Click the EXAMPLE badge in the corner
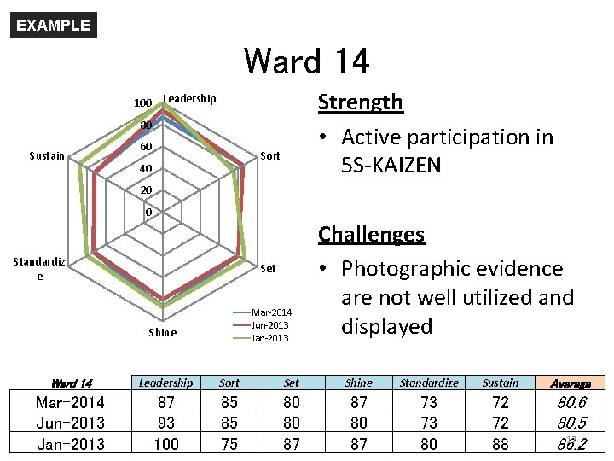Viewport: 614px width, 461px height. click(53, 25)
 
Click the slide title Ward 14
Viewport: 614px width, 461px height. click(306, 61)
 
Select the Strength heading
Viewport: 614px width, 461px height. click(360, 102)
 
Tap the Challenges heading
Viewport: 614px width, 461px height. click(371, 234)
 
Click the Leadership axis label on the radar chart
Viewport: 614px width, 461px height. click(189, 99)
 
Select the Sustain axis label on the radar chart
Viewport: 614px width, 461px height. click(47, 156)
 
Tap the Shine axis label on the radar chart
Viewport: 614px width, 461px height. click(162, 332)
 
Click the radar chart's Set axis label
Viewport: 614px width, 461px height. click(268, 269)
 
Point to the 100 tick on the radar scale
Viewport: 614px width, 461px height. click(142, 103)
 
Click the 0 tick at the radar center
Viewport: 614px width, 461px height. click(148, 212)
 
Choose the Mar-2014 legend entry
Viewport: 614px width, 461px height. click(271, 312)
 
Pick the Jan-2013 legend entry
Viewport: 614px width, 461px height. click(269, 338)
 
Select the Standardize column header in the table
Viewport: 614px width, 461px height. click(429, 383)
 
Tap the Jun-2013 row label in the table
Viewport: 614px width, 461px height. click(71, 423)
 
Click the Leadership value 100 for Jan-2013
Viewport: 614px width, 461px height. click(165, 444)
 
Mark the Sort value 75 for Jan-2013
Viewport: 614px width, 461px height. click(229, 444)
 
